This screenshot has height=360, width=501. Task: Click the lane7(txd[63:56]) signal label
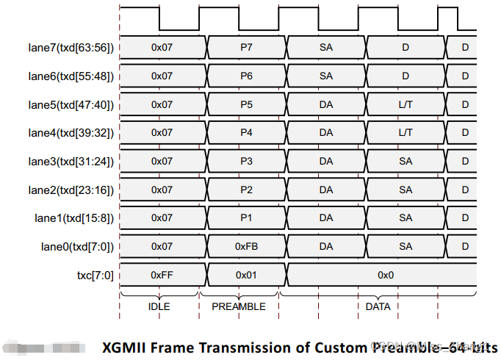click(x=71, y=47)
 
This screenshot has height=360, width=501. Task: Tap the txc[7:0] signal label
click(x=93, y=274)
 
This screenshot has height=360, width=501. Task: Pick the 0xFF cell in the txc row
click(x=162, y=274)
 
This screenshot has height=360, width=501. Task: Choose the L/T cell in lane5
click(x=406, y=104)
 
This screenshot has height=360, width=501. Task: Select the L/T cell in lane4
click(x=406, y=132)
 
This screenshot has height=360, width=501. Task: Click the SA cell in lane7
click(x=326, y=47)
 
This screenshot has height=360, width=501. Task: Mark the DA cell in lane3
click(x=326, y=161)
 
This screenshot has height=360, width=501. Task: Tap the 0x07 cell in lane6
click(x=162, y=75)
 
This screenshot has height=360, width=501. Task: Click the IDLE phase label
click(x=159, y=306)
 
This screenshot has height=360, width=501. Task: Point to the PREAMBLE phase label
click(x=239, y=306)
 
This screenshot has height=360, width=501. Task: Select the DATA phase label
click(x=378, y=306)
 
